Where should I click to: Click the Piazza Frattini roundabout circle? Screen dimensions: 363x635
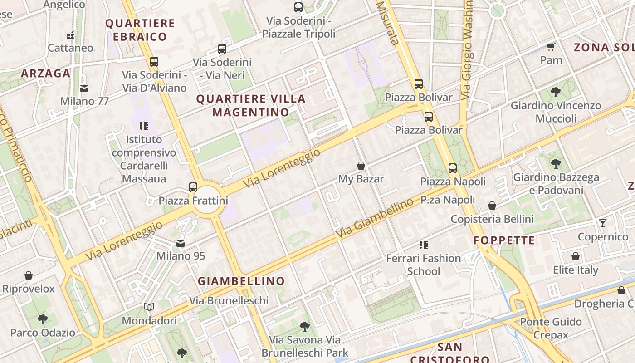click(x=208, y=200)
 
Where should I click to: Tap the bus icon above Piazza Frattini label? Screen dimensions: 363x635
click(x=193, y=187)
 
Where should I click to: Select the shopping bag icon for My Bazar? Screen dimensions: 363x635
click(x=361, y=166)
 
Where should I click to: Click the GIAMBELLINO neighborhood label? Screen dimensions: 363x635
click(x=241, y=281)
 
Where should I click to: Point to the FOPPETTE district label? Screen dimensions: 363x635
click(x=504, y=240)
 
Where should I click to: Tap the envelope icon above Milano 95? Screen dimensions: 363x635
click(x=181, y=243)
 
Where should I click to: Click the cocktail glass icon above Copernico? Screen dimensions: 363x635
click(x=603, y=223)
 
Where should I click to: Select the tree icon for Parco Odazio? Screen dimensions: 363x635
click(x=43, y=319)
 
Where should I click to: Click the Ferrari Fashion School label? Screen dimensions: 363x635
click(x=423, y=265)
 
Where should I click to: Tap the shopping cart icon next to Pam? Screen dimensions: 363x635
click(x=551, y=47)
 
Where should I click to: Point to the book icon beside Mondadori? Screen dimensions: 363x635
click(x=149, y=307)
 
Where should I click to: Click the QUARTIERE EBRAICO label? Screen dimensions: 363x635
click(x=140, y=30)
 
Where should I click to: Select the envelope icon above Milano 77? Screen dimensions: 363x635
click(x=84, y=88)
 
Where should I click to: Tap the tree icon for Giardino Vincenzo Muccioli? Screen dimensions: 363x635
click(x=556, y=92)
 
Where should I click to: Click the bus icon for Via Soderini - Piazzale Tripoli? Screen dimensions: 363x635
click(x=298, y=7)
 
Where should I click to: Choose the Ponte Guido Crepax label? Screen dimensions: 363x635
click(x=551, y=328)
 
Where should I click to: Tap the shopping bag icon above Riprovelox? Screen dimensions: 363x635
click(x=29, y=275)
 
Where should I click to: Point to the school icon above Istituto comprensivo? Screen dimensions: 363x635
click(x=144, y=126)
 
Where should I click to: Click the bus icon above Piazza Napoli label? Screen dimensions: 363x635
click(x=453, y=168)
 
